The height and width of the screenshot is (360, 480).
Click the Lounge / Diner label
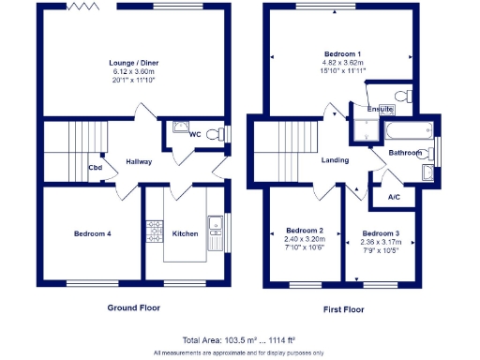pos(135,63)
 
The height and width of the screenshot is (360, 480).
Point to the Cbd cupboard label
pos(95,169)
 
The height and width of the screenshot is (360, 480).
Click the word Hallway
pos(139,161)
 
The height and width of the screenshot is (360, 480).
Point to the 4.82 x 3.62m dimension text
pos(341,63)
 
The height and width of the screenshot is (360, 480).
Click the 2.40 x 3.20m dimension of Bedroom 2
pos(305,239)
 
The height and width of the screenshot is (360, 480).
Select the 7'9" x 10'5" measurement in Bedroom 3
pos(381,248)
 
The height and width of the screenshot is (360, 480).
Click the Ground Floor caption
pos(135,307)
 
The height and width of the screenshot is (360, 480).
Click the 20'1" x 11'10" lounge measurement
pos(135,80)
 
